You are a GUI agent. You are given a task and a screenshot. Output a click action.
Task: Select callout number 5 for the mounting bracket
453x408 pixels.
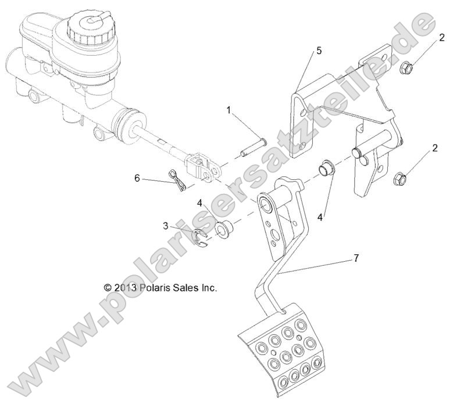pyautogui.click(x=319, y=50)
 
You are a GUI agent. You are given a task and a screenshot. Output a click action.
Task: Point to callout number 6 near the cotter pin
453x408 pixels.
pyautogui.click(x=137, y=178)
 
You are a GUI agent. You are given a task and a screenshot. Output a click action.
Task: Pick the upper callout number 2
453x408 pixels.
pyautogui.click(x=442, y=38)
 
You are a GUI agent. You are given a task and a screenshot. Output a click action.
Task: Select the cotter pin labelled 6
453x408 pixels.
pyautogui.click(x=176, y=179)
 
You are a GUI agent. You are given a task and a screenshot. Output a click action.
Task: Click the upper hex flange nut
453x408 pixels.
pyautogui.click(x=407, y=69)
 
